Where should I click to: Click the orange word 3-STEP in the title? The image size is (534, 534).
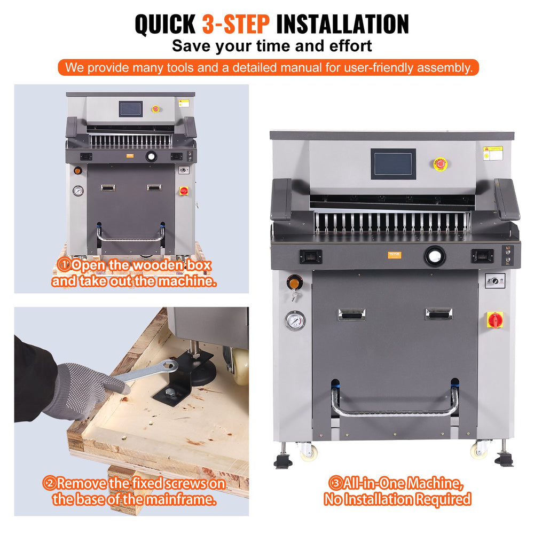click(236, 25)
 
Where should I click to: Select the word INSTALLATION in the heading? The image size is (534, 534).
click(342, 25)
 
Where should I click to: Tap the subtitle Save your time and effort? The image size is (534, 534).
click(272, 46)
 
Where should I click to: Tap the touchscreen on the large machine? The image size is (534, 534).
click(392, 163)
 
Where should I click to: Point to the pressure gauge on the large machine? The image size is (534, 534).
click(295, 321)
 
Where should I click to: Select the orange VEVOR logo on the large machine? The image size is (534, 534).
click(394, 255)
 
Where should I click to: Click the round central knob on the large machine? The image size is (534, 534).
click(435, 256)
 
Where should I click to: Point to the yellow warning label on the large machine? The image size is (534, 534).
click(492, 153)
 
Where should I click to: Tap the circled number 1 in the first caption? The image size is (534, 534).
click(64, 265)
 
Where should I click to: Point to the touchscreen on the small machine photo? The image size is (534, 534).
click(130, 109)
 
